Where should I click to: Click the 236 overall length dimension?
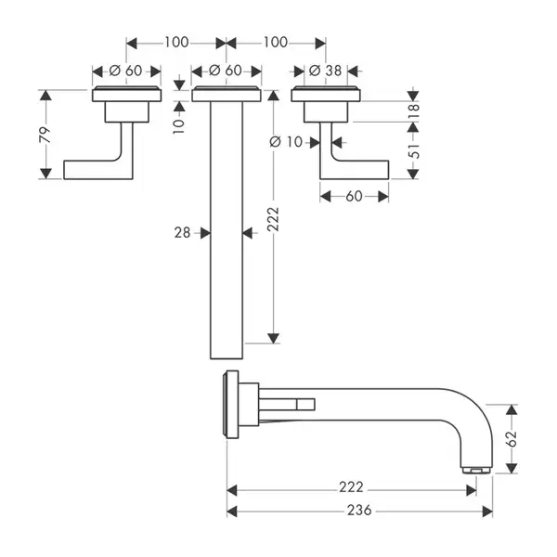point(359,510)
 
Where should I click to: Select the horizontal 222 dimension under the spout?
point(351,487)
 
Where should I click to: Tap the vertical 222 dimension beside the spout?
point(273,219)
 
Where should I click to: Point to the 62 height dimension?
point(512,439)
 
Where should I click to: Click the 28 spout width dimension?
point(182,233)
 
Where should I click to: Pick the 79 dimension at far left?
point(45,135)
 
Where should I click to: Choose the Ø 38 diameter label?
point(326,71)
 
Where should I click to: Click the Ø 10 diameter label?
point(286,142)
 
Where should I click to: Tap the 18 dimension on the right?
point(413,111)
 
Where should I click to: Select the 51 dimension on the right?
point(413,150)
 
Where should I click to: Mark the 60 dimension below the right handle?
point(354,196)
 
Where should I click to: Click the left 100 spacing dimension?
point(176,43)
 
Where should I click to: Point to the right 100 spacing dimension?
point(276,43)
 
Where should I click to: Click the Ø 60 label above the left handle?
point(125,71)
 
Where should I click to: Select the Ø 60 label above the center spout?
point(226,71)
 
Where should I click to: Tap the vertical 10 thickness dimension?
point(179,125)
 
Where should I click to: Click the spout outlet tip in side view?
point(476,471)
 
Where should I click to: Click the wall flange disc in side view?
point(231,405)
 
